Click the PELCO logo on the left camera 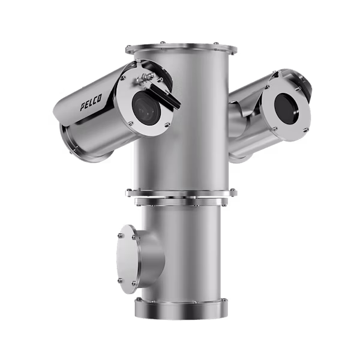point(91,102)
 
